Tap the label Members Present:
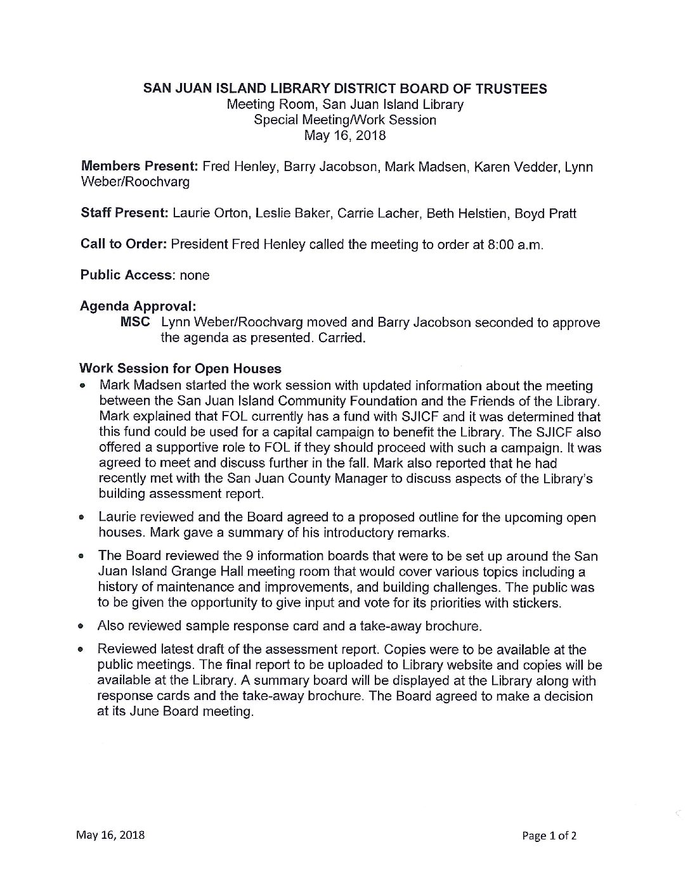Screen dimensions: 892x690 point(139,167)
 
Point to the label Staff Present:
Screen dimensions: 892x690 point(124,213)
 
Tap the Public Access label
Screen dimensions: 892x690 point(126,275)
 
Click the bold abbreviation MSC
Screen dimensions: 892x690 point(135,322)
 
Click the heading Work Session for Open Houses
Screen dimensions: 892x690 point(180,369)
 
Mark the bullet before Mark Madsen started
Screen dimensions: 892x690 point(83,386)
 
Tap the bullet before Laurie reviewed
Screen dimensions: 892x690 point(83,518)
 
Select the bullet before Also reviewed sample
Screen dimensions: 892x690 point(83,627)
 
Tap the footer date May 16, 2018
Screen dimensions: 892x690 point(110,834)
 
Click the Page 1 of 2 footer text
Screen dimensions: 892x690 point(549,836)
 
